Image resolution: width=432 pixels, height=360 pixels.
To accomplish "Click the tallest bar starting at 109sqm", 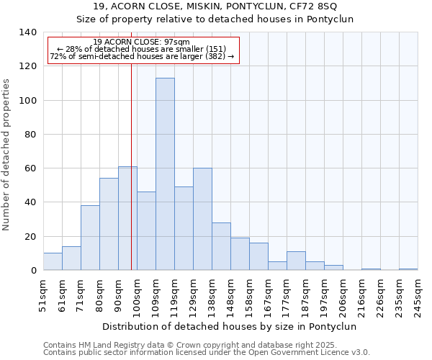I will (165, 174).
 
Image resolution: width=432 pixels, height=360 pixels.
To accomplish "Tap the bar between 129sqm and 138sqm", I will (202, 219).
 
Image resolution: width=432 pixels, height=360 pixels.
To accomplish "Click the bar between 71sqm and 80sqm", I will (90, 238).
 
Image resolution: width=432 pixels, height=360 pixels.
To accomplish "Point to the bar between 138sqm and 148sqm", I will (221, 246).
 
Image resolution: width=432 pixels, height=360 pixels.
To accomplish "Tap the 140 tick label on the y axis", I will (28, 32).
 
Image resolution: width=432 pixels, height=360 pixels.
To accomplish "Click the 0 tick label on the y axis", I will (33, 271).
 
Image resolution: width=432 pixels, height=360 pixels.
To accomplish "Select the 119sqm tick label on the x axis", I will (175, 295).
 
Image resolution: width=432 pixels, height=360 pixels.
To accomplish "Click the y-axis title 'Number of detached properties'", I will (7, 154).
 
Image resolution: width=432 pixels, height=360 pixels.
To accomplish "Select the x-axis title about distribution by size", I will (230, 326).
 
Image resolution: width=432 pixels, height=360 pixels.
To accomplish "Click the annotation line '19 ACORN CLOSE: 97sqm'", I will (142, 42).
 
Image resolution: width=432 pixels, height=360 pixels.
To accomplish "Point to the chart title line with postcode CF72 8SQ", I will (215, 6).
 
